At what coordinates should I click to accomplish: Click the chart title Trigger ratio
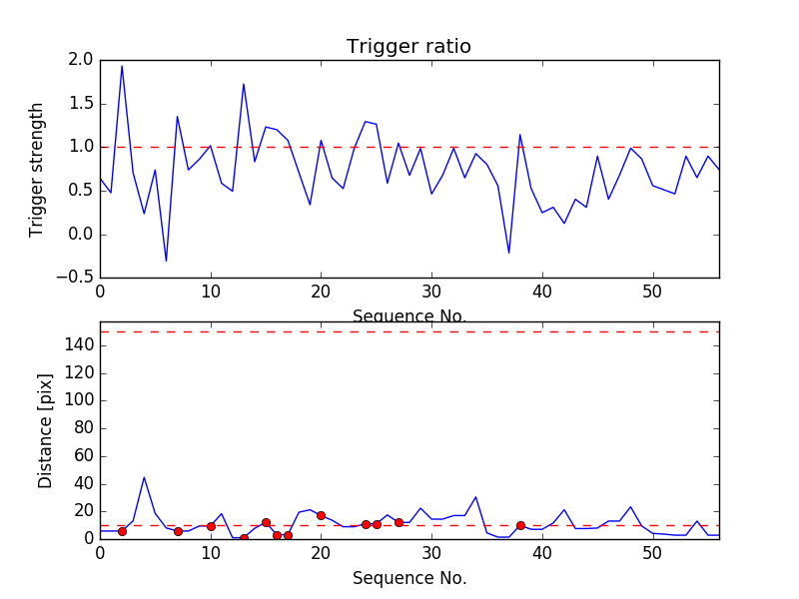(408, 47)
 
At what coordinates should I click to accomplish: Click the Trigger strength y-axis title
(37, 169)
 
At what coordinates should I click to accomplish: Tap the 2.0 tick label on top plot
(82, 60)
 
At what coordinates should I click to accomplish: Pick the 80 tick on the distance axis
(83, 428)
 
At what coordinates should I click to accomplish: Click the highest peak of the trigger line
(122, 66)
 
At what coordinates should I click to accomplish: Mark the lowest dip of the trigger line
(166, 262)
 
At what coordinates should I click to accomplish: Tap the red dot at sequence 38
(520, 525)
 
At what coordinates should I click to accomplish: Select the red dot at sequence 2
(122, 531)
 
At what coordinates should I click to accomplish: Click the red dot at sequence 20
(321, 515)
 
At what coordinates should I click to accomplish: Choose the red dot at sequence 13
(244, 538)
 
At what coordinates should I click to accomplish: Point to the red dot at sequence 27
(399, 522)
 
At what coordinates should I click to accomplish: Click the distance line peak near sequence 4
(144, 477)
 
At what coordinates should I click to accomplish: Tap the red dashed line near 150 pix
(409, 331)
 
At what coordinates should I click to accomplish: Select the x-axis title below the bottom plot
(408, 578)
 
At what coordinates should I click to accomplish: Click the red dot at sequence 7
(178, 531)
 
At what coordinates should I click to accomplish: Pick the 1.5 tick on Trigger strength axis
(82, 104)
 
